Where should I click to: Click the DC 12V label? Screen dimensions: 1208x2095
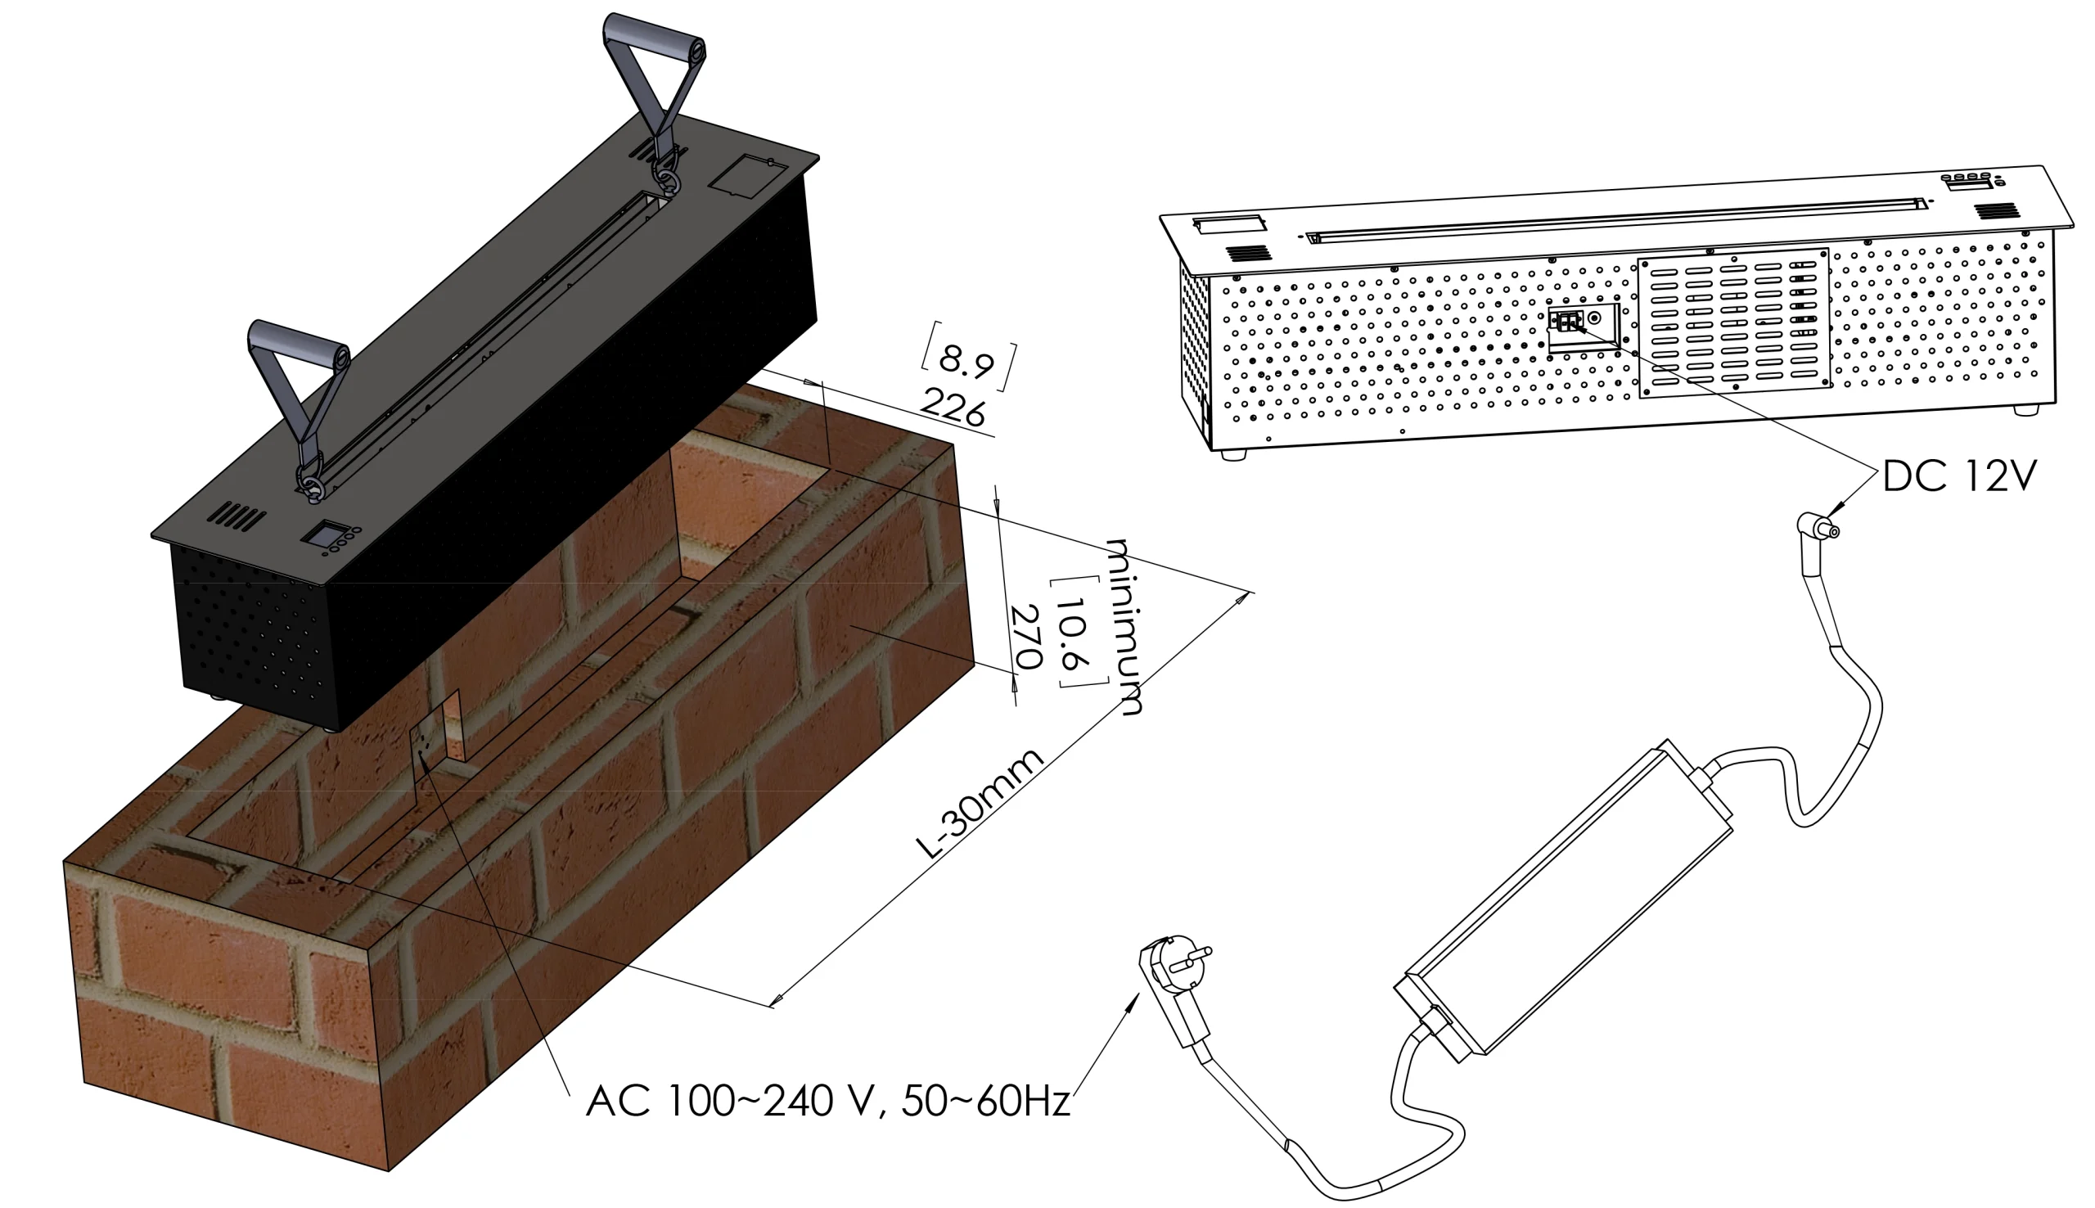(x=1959, y=477)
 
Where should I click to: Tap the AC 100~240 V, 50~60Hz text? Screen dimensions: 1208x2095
(x=827, y=1101)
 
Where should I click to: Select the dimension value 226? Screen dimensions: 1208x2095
(x=953, y=408)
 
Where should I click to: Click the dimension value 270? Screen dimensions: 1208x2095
(x=1027, y=637)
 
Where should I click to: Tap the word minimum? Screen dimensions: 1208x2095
(x=1124, y=626)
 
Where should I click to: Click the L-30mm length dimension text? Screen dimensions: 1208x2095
(x=979, y=803)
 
